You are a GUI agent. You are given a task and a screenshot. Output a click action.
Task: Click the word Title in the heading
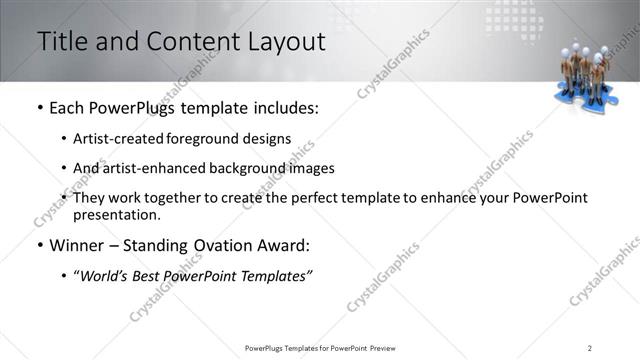[x=63, y=42]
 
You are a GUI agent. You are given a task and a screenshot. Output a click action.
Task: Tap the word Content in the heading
[x=193, y=42]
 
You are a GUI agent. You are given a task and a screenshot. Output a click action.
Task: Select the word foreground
[x=203, y=139]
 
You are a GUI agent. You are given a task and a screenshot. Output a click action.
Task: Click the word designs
[x=266, y=139]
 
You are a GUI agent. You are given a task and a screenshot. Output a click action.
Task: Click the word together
[x=178, y=198]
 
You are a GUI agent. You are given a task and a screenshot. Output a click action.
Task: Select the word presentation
[x=115, y=214]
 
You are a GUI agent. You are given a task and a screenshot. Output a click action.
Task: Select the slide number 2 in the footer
[x=589, y=347]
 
